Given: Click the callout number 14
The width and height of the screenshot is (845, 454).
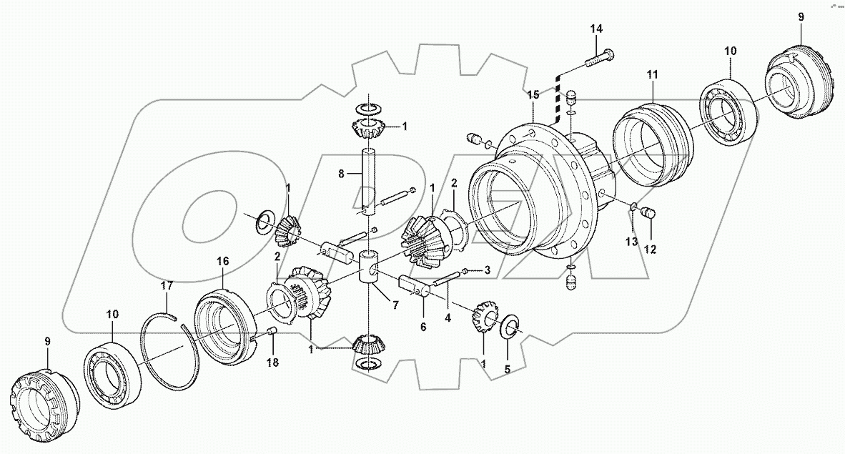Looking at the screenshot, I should pyautogui.click(x=596, y=29).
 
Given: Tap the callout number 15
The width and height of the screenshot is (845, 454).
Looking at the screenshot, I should pyautogui.click(x=531, y=94).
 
